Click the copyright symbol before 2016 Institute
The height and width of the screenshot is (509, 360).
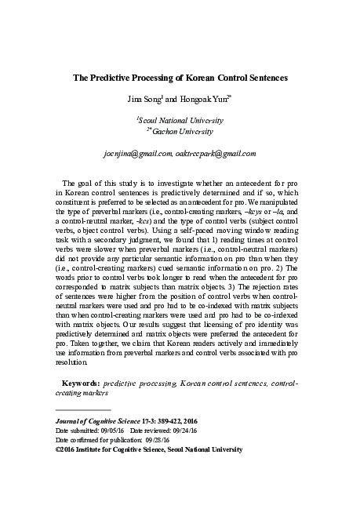tap(58, 450)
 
